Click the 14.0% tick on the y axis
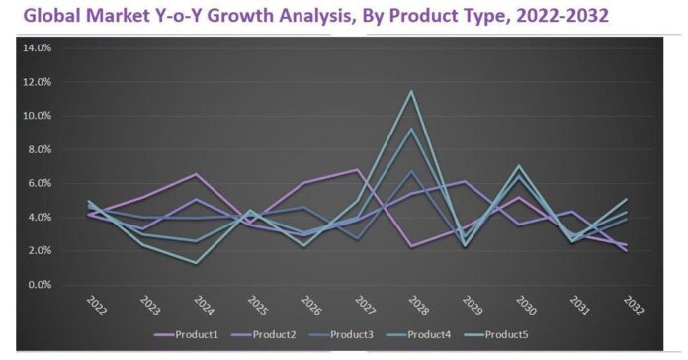point(37,47)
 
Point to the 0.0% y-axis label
point(40,285)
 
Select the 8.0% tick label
point(40,149)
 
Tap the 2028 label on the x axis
point(418,305)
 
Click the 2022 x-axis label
point(96,305)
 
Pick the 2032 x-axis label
point(634,305)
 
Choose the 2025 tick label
point(257,305)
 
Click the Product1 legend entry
point(186,335)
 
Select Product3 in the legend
point(341,335)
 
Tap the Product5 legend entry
point(496,335)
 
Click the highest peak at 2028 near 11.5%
point(411,91)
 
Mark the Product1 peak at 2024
point(196,174)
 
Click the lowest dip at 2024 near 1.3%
point(196,263)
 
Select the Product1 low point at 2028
point(411,246)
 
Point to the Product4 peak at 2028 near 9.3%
point(411,129)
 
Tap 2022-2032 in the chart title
point(562,16)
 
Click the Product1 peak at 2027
point(358,169)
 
